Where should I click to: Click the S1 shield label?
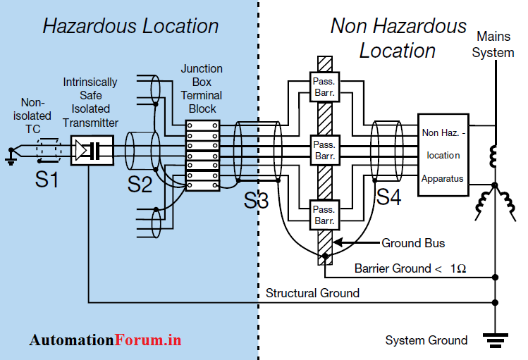pos(47,180)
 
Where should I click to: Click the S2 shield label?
pos(140,185)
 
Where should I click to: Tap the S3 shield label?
pos(257,200)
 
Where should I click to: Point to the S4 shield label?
pos(388,197)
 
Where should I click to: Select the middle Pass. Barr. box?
pos(324,149)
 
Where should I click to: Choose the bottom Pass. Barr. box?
pos(324,215)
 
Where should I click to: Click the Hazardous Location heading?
pos(130,27)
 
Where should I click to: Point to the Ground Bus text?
pos(413,243)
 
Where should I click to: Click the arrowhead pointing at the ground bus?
pos(336,243)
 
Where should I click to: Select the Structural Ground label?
pos(312,292)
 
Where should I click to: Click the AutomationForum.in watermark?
pos(105,340)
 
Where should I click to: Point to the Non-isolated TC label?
pos(32,116)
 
